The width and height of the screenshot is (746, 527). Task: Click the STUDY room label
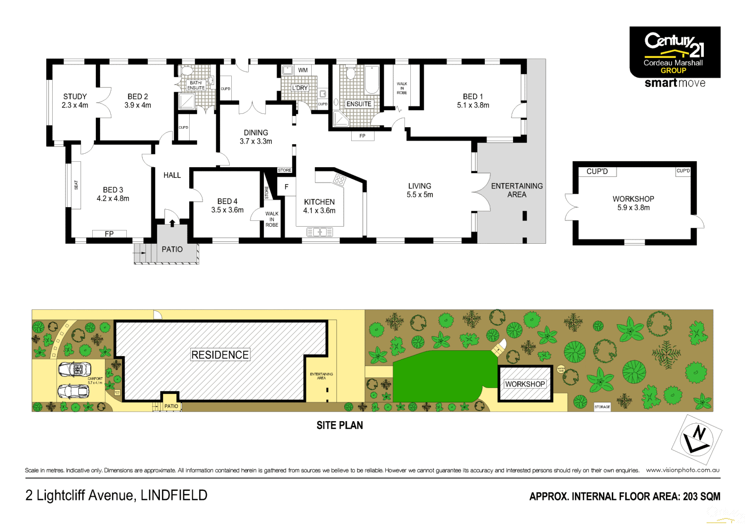[75, 96]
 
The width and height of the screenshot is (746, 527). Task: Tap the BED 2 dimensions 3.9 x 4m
[137, 105]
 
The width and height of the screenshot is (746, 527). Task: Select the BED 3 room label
[113, 190]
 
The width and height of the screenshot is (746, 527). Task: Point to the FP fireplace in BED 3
[109, 234]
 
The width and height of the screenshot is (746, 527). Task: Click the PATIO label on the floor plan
[172, 249]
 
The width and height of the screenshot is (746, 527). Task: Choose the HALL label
[172, 175]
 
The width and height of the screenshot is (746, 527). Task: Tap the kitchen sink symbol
[320, 232]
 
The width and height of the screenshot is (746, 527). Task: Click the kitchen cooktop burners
[339, 180]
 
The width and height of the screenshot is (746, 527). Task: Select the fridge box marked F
[286, 187]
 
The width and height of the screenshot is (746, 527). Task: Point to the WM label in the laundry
[303, 70]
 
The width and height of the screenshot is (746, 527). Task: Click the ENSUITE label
[359, 104]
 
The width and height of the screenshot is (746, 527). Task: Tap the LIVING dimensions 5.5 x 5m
[420, 195]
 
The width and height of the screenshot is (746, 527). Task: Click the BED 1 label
[473, 96]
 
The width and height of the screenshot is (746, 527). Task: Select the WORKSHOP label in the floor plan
[633, 199]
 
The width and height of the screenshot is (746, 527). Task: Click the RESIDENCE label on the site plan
[220, 355]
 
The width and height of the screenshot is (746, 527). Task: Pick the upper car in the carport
[74, 368]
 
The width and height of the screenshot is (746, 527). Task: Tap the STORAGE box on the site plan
[602, 407]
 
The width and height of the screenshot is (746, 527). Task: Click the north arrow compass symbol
[696, 439]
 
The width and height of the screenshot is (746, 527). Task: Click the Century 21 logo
[675, 52]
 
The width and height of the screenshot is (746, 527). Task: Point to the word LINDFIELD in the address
[174, 495]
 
